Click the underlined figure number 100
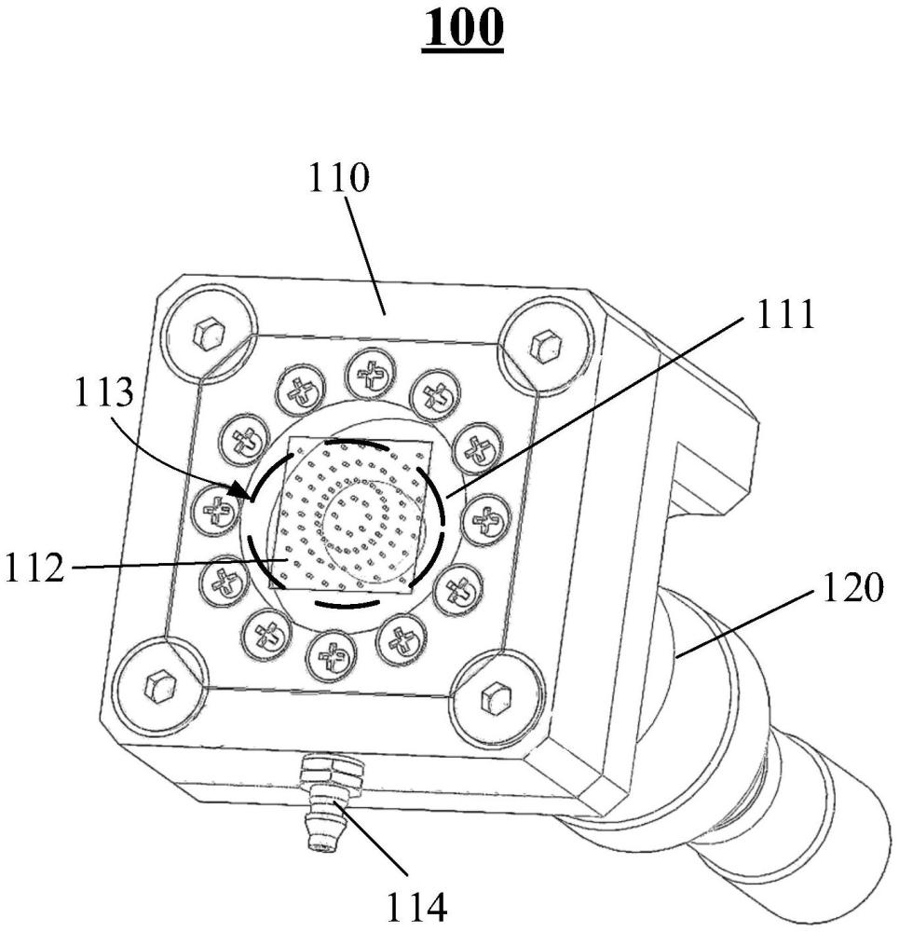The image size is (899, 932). point(462,28)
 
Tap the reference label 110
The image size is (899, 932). point(339,177)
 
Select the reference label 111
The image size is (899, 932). point(784,314)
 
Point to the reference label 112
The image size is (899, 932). point(34,567)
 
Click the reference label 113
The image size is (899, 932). point(104,392)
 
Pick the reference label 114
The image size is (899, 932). point(415,908)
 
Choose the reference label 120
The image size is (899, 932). point(852,587)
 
